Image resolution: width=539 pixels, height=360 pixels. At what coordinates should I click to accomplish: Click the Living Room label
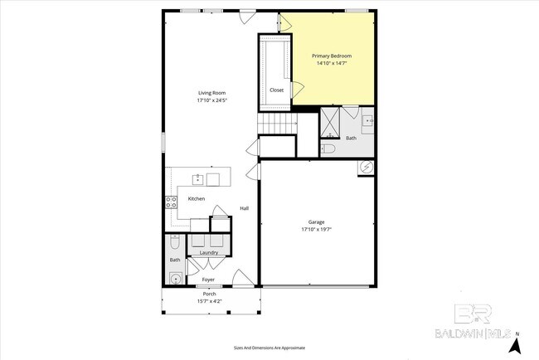pos(211,93)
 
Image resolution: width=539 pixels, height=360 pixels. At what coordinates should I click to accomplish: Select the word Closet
pos(277,90)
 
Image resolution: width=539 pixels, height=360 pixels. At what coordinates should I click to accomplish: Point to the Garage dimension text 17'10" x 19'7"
pos(317,230)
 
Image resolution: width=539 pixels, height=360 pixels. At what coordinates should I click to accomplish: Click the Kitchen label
pos(197,198)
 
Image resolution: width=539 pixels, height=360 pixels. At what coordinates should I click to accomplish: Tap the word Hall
pos(245,208)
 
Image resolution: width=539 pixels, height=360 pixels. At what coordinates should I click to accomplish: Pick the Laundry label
pos(209,252)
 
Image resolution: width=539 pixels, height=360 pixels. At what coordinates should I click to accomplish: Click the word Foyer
pos(209,280)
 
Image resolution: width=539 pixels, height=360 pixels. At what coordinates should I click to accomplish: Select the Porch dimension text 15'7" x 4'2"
pos(210,301)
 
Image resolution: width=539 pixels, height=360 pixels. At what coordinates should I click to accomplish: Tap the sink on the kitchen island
pos(198,178)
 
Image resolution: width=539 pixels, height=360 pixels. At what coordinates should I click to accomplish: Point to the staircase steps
pos(276,124)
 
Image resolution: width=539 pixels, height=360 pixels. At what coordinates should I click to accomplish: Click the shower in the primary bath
pos(330,122)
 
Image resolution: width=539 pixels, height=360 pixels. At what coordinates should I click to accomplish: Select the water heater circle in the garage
pos(367,168)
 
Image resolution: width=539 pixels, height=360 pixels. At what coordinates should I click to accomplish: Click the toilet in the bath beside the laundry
pos(174,243)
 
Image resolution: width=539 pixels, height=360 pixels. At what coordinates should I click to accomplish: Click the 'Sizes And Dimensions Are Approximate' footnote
pos(269,348)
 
